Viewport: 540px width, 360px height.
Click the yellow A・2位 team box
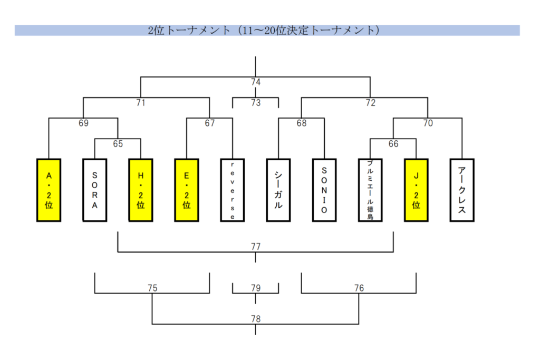tap(49, 190)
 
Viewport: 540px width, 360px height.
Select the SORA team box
tap(95, 190)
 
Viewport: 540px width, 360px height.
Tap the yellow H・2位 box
tap(141, 190)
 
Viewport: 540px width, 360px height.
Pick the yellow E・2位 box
tap(187, 190)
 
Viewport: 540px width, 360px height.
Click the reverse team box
tap(233, 190)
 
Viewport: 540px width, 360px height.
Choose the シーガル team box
tap(278, 190)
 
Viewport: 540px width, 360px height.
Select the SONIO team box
tap(324, 190)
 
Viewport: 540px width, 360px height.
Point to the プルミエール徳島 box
tap(370, 190)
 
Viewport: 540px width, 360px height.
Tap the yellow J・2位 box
tap(416, 190)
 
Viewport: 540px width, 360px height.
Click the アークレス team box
tap(462, 190)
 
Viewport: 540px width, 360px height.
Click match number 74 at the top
tap(256, 82)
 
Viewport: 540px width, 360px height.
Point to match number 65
tap(118, 143)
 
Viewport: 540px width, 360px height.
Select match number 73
tap(256, 103)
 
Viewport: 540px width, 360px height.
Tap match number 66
tap(393, 143)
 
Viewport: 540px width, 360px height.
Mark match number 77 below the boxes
tap(256, 246)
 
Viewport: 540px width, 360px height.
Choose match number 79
tap(256, 288)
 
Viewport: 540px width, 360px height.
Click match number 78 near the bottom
tap(256, 319)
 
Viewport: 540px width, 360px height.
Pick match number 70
tap(428, 123)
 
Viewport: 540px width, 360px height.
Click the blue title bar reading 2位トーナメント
tap(267, 30)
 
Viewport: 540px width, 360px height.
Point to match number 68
tap(302, 123)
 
